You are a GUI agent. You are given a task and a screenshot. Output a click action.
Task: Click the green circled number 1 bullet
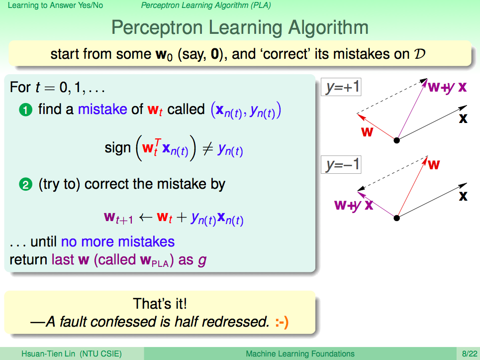click(x=25, y=110)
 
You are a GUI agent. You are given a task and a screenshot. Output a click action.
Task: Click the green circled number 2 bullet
click(x=25, y=185)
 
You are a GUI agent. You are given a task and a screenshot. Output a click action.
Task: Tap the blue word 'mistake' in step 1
click(x=102, y=110)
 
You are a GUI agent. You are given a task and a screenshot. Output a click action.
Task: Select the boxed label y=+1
click(x=341, y=87)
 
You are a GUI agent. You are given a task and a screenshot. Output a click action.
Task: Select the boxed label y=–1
click(x=341, y=165)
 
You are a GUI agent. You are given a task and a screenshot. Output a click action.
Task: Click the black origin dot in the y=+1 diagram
click(x=397, y=140)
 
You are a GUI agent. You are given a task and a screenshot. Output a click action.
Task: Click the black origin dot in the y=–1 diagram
click(x=397, y=218)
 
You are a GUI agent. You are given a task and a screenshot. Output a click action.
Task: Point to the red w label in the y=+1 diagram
click(x=367, y=132)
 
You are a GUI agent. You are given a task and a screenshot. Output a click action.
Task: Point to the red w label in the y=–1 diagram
click(x=434, y=165)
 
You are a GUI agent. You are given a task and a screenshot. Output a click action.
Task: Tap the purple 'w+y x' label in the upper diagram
click(x=447, y=87)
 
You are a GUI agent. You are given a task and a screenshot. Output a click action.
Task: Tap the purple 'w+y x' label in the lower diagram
click(x=354, y=205)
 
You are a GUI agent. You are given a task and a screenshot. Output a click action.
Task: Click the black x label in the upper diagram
click(x=463, y=119)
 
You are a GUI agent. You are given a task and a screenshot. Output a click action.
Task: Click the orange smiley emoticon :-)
click(x=282, y=322)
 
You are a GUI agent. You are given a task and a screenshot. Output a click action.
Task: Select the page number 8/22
click(x=470, y=354)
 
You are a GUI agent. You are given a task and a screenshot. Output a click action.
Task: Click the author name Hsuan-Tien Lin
click(x=48, y=354)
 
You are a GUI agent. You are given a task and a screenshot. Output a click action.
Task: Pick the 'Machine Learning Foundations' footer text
click(x=300, y=354)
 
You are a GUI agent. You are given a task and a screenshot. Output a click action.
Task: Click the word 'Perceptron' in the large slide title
click(x=157, y=27)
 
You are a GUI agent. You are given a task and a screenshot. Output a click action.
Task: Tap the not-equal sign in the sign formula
click(x=208, y=149)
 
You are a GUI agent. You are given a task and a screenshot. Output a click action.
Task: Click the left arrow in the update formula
click(x=145, y=217)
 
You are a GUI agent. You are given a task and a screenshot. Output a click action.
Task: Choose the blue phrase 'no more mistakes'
click(x=118, y=241)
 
